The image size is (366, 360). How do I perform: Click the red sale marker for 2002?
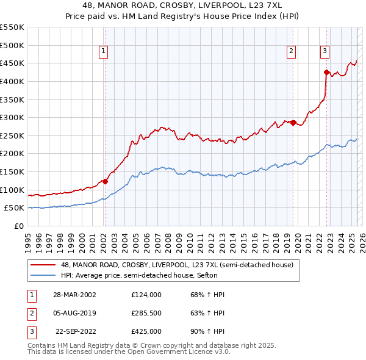click(x=105, y=181)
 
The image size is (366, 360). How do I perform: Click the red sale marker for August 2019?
click(x=293, y=123)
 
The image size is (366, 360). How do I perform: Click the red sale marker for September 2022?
click(x=326, y=73)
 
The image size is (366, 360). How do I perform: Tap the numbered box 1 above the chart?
click(x=104, y=51)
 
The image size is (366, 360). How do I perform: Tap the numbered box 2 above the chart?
click(x=292, y=51)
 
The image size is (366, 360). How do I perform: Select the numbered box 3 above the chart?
click(x=325, y=51)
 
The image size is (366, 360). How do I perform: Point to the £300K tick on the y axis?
click(x=12, y=117)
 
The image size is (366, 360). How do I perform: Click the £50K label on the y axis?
click(x=14, y=208)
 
